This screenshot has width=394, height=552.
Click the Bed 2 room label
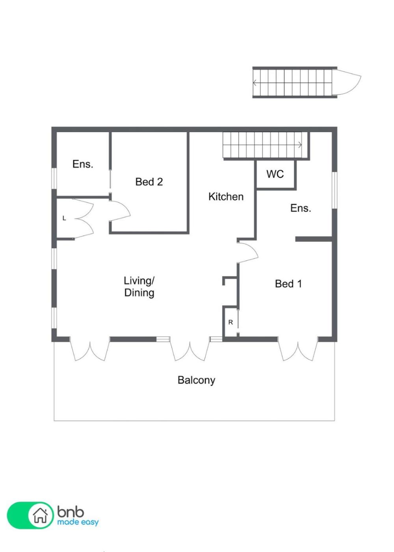[149, 182]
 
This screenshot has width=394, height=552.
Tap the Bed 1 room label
[288, 284]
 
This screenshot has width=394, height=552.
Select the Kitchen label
[226, 197]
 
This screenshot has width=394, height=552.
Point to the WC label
[275, 174]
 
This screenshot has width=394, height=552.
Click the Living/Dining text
[139, 287]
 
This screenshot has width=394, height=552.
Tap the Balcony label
[196, 380]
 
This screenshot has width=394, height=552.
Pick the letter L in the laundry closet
[64, 218]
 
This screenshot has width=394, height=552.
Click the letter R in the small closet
[230, 322]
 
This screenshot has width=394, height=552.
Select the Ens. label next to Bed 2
[83, 164]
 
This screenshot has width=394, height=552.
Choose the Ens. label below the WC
[301, 208]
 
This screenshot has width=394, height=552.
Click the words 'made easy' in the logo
[78, 522]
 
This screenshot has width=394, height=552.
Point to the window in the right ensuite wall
[334, 190]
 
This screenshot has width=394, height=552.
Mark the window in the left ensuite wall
[54, 179]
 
